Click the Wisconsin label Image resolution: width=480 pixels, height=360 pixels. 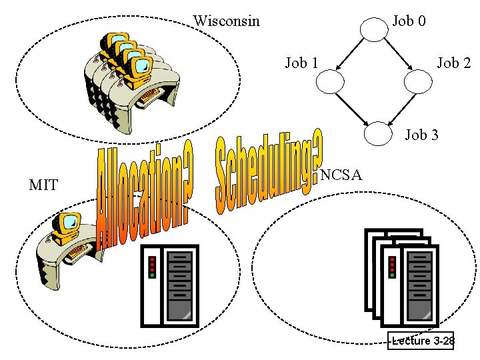[226, 21]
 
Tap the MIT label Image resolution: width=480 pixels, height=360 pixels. [44, 185]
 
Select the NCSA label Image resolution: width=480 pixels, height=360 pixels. [341, 175]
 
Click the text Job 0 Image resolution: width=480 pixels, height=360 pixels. [409, 21]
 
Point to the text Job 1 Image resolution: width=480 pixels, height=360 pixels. [301, 63]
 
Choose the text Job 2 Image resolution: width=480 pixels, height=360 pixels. [453, 63]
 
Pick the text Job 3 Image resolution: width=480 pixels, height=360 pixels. [422, 135]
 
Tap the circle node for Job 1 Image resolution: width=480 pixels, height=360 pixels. [330, 82]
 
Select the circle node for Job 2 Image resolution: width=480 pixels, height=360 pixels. [419, 82]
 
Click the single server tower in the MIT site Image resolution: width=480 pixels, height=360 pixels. [170, 285]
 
